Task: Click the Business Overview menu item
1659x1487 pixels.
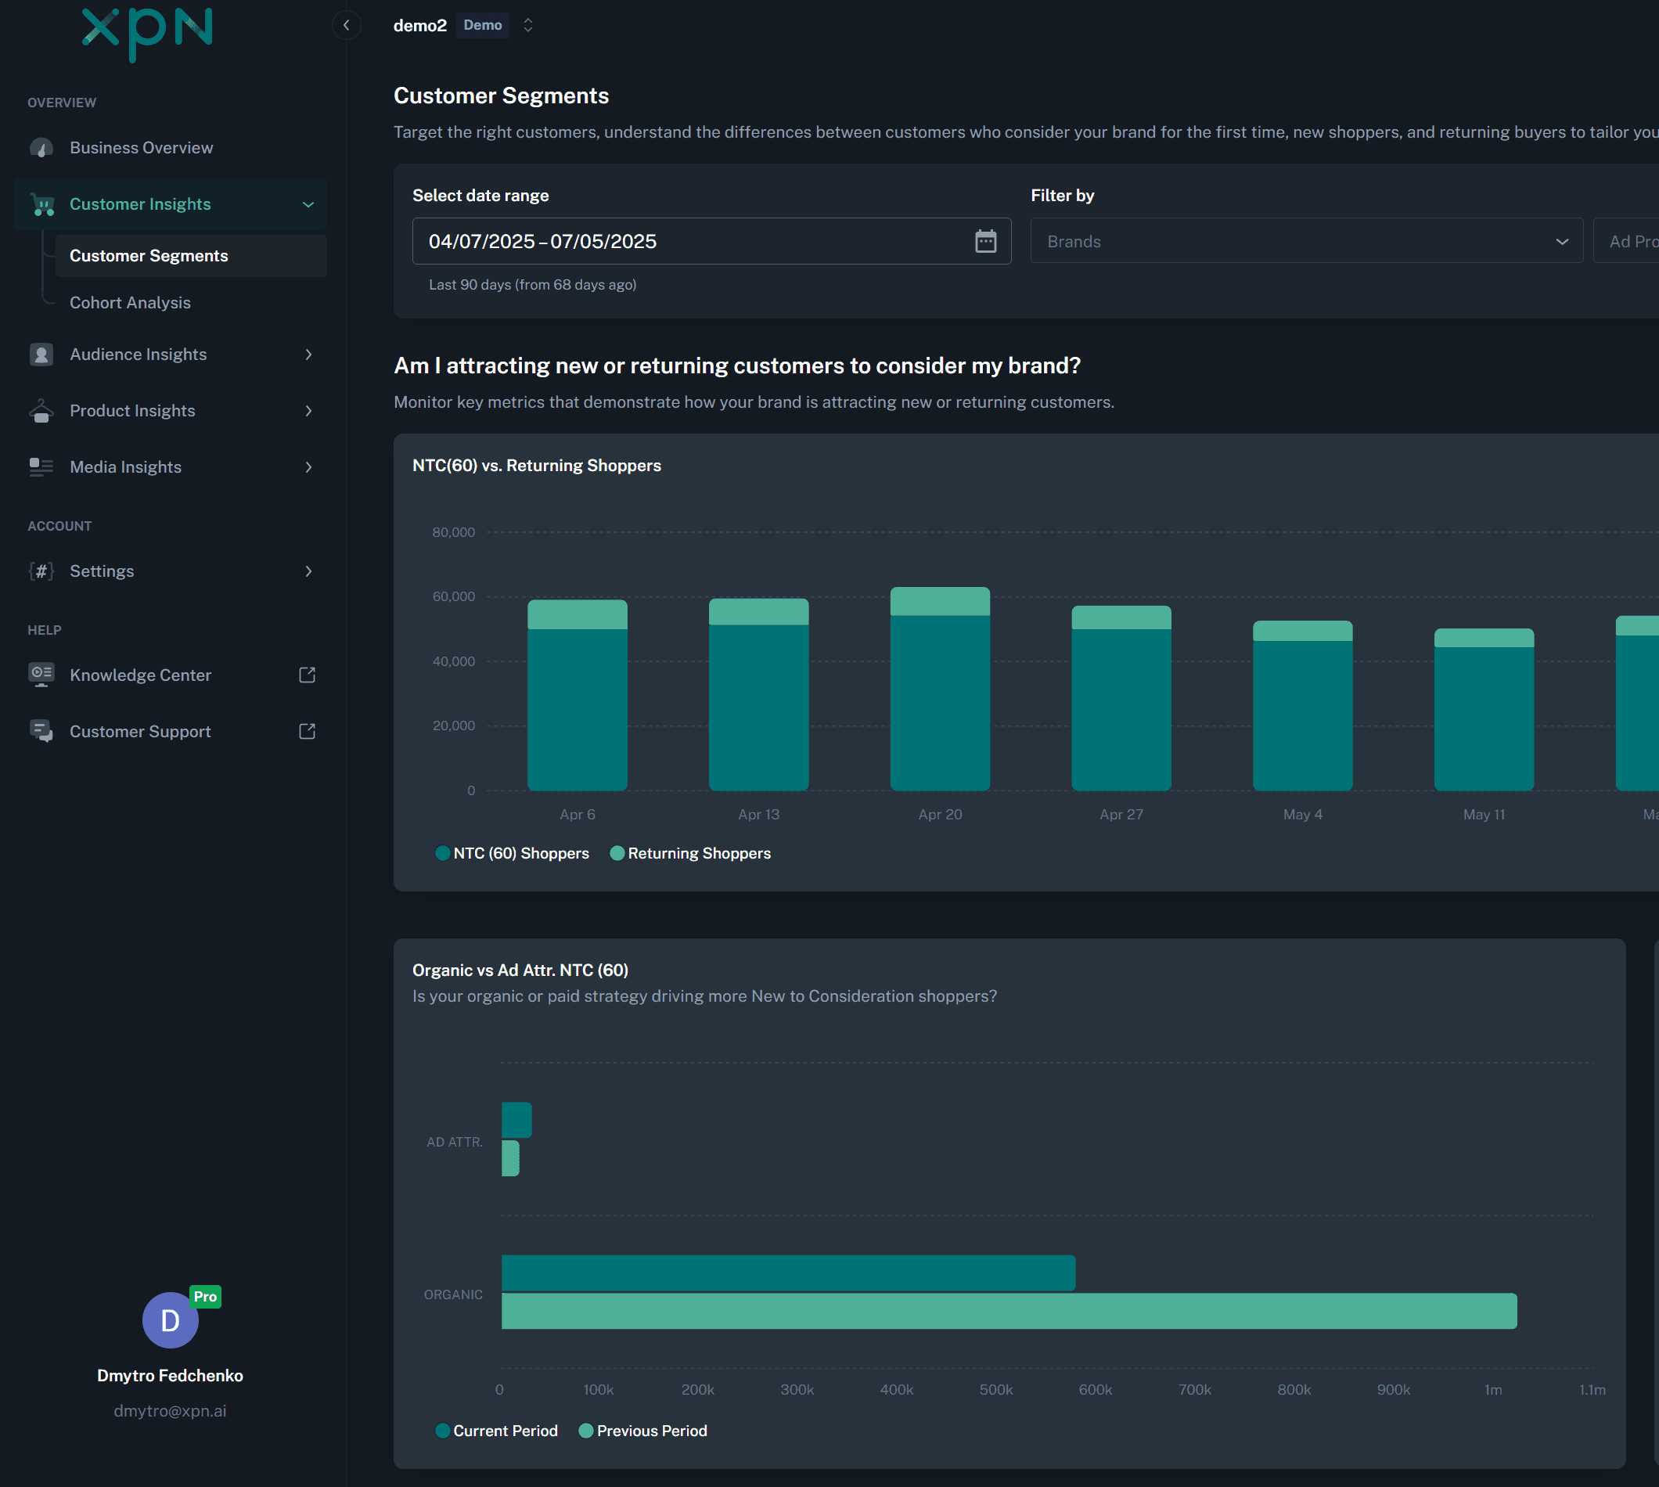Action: point(141,148)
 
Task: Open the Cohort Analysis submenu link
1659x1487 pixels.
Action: point(130,302)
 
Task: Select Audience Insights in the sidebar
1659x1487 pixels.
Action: point(138,355)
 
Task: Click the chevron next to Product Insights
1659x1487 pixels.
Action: point(309,411)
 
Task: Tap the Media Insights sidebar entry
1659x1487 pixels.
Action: point(125,467)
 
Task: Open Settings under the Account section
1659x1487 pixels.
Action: point(101,571)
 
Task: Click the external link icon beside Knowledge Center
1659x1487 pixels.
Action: point(307,675)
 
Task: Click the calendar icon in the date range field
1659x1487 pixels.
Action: point(985,241)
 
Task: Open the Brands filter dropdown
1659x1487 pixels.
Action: point(1305,241)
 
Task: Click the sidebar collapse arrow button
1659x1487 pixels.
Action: point(347,25)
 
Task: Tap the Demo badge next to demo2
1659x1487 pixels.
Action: point(482,25)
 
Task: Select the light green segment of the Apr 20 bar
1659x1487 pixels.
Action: point(939,601)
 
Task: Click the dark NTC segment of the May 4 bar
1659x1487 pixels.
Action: point(1302,715)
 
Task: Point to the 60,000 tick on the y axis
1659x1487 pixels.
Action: point(453,596)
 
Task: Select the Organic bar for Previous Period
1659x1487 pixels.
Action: point(1008,1311)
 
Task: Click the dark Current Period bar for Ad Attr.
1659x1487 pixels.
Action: point(516,1119)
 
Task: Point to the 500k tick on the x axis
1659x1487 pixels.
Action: point(995,1390)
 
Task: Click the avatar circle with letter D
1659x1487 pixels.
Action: point(170,1320)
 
